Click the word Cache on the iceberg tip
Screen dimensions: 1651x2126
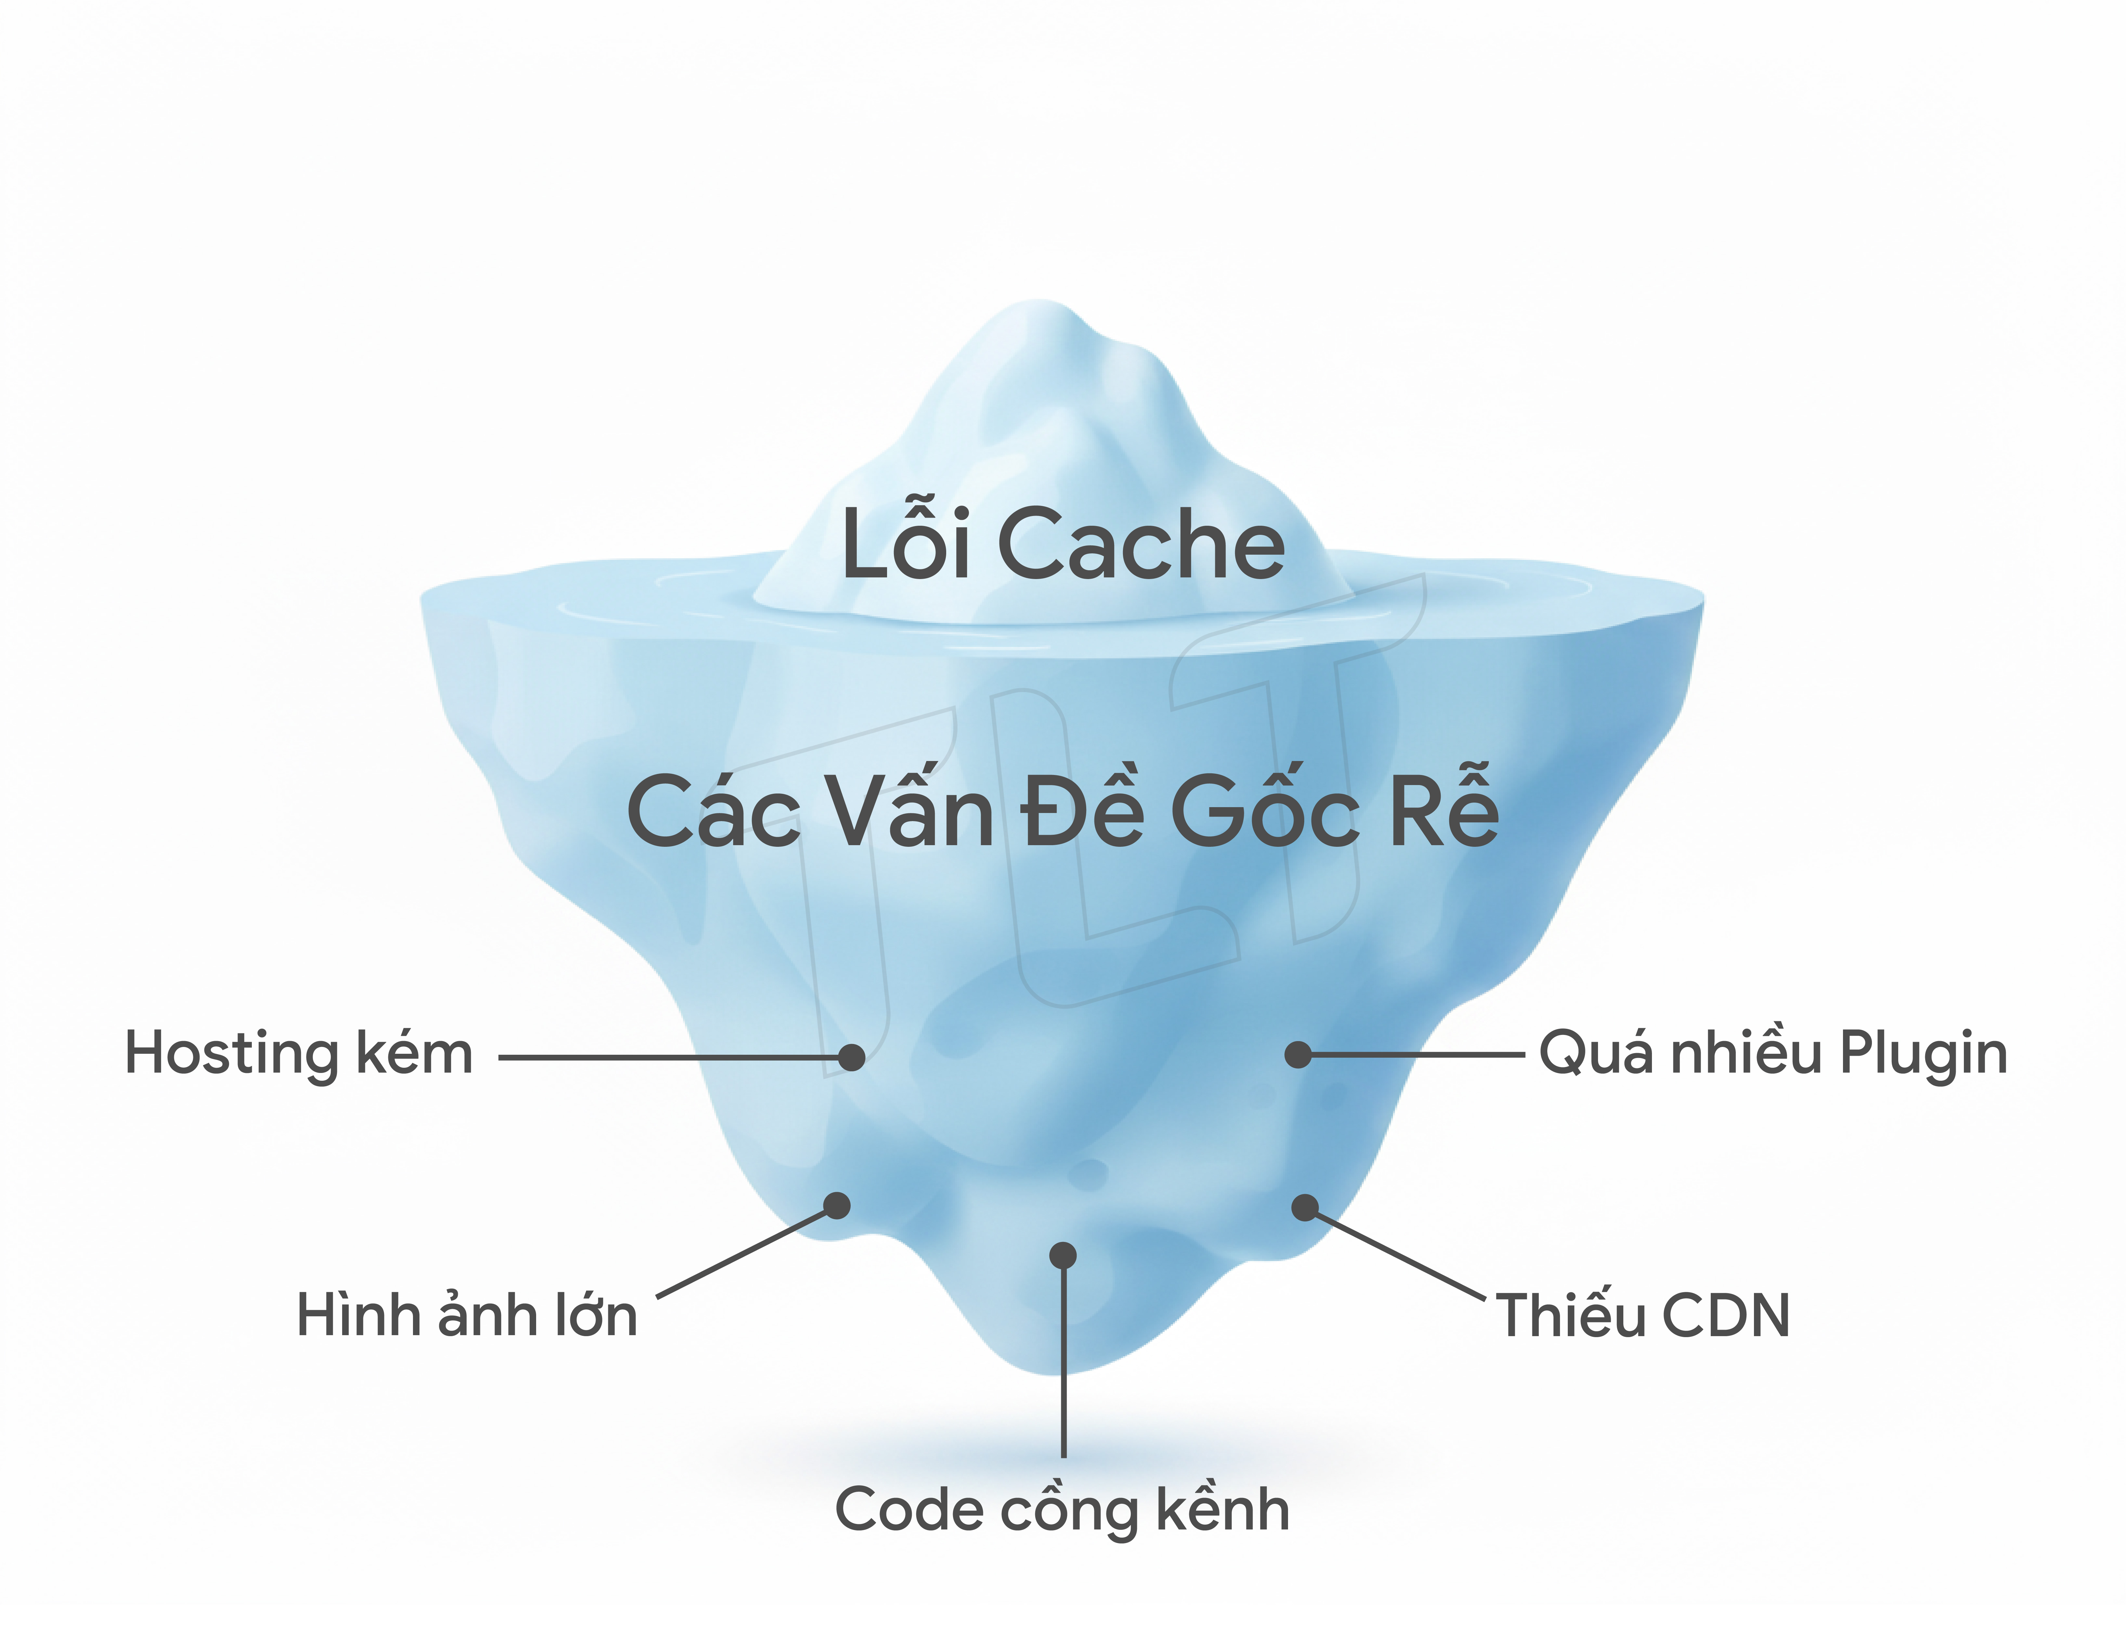[x=1141, y=545]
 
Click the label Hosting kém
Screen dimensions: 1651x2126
[x=299, y=1054]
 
